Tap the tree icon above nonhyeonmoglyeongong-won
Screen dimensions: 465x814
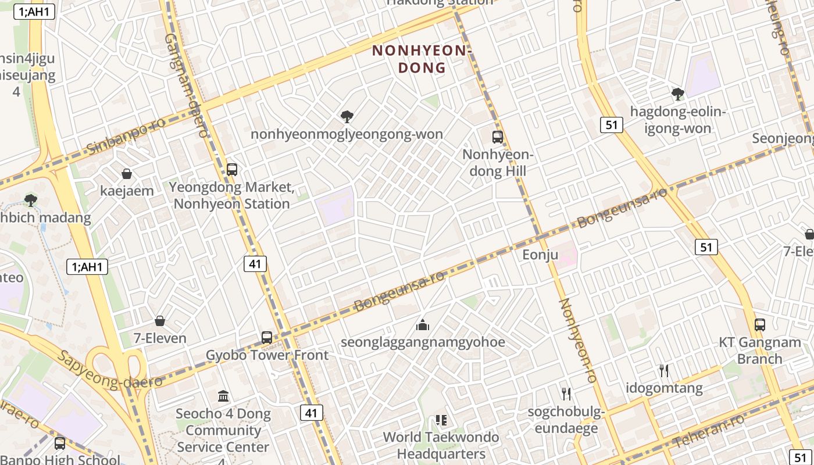pos(347,117)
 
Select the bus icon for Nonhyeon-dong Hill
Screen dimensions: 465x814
pos(498,137)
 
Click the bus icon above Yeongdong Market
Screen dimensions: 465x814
pos(232,170)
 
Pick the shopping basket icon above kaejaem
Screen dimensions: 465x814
pos(127,174)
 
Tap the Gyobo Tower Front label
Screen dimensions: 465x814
pos(267,355)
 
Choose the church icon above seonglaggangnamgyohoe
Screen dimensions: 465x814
pos(423,325)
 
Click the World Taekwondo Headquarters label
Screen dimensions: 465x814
pos(441,445)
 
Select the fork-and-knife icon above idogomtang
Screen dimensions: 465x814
pos(664,370)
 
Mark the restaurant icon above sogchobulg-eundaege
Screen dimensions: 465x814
pos(566,394)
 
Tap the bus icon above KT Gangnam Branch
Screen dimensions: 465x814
pos(759,325)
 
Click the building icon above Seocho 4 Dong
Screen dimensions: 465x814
pos(223,396)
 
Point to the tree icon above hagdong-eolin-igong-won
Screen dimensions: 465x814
pos(677,94)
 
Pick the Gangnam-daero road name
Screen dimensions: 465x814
pos(186,84)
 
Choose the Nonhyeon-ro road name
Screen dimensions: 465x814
pos(577,341)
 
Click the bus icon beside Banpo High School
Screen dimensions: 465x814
pos(60,443)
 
